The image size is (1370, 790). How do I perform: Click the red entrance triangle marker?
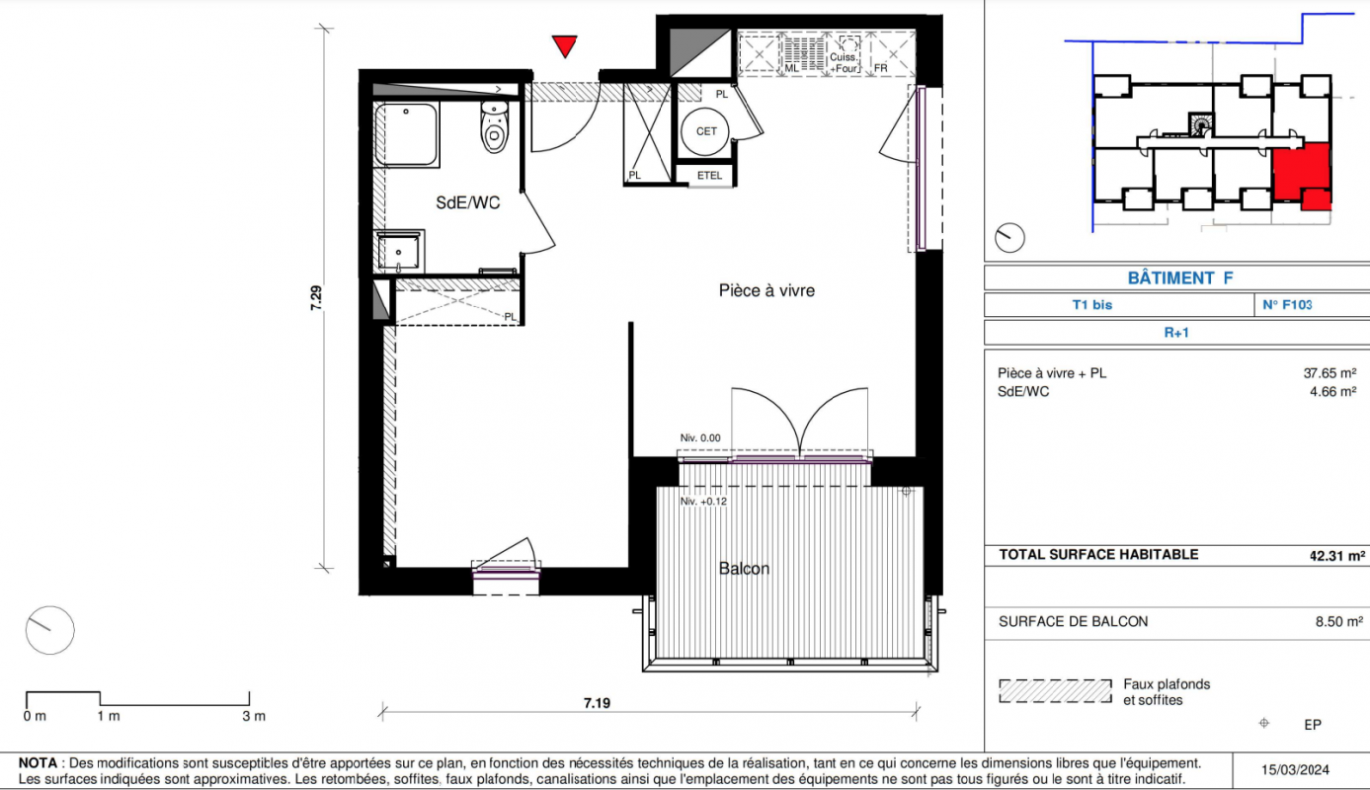[565, 45]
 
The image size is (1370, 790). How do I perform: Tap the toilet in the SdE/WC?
[494, 126]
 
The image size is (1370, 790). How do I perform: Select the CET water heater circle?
[705, 131]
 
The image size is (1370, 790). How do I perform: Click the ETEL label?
[709, 176]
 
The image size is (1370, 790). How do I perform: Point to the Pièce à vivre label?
[766, 290]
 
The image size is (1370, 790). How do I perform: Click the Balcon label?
[744, 569]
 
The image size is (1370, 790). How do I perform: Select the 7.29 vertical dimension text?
[316, 298]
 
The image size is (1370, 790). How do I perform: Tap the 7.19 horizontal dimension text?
[597, 703]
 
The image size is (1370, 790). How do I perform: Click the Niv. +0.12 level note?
[703, 502]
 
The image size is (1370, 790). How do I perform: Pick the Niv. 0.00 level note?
[700, 437]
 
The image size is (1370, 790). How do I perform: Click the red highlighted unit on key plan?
[1303, 174]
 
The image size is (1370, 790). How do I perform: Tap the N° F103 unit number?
[1287, 304]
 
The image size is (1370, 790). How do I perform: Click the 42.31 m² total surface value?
[1337, 556]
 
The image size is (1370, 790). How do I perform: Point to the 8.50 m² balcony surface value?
[1339, 622]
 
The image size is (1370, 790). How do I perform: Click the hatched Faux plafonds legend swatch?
[1055, 691]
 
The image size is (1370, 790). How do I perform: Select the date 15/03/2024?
[1295, 770]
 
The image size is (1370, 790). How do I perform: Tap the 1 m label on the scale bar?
[109, 716]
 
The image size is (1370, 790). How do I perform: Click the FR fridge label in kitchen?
[881, 68]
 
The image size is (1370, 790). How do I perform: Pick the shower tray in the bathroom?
[406, 134]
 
